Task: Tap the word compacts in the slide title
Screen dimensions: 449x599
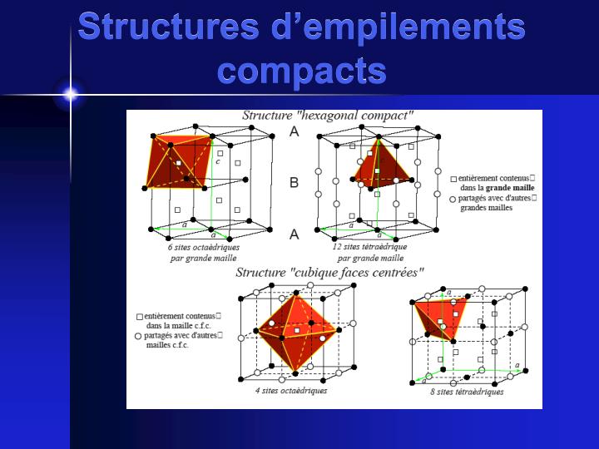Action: [x=301, y=70]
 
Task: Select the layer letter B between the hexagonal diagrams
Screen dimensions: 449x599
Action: [x=294, y=182]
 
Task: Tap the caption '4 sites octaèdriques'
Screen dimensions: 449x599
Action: [x=291, y=391]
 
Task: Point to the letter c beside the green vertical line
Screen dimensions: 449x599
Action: [x=218, y=161]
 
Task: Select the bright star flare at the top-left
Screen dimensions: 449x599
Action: [x=70, y=94]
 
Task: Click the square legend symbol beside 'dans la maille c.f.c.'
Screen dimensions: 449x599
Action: [x=140, y=316]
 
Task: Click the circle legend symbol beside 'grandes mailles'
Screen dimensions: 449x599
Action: [x=453, y=199]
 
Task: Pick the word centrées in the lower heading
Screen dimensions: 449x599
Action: [x=397, y=272]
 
